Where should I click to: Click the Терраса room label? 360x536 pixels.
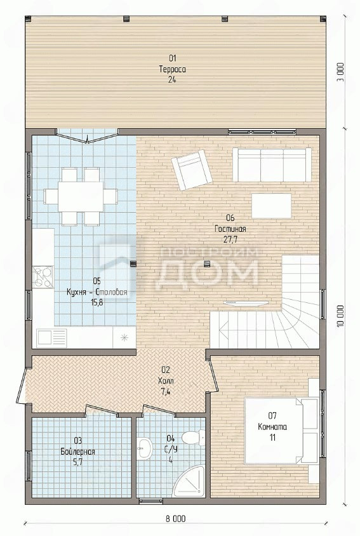(x=172, y=69)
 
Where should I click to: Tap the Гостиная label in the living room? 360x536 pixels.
(x=230, y=229)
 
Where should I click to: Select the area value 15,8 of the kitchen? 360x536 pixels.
(x=97, y=302)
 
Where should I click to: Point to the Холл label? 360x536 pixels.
(x=166, y=380)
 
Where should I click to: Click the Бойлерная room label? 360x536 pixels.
(x=77, y=452)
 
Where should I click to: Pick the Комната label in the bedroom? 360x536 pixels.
(x=272, y=427)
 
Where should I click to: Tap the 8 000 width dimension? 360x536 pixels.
(x=176, y=519)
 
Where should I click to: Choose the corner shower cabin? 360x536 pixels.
(x=189, y=481)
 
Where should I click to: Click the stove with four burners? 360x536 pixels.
(x=43, y=276)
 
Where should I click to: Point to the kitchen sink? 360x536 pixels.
(x=52, y=338)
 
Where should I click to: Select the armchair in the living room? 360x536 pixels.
(x=191, y=170)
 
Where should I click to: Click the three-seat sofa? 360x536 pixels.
(x=272, y=164)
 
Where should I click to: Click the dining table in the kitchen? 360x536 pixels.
(x=81, y=197)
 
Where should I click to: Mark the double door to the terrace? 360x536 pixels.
(x=88, y=135)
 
